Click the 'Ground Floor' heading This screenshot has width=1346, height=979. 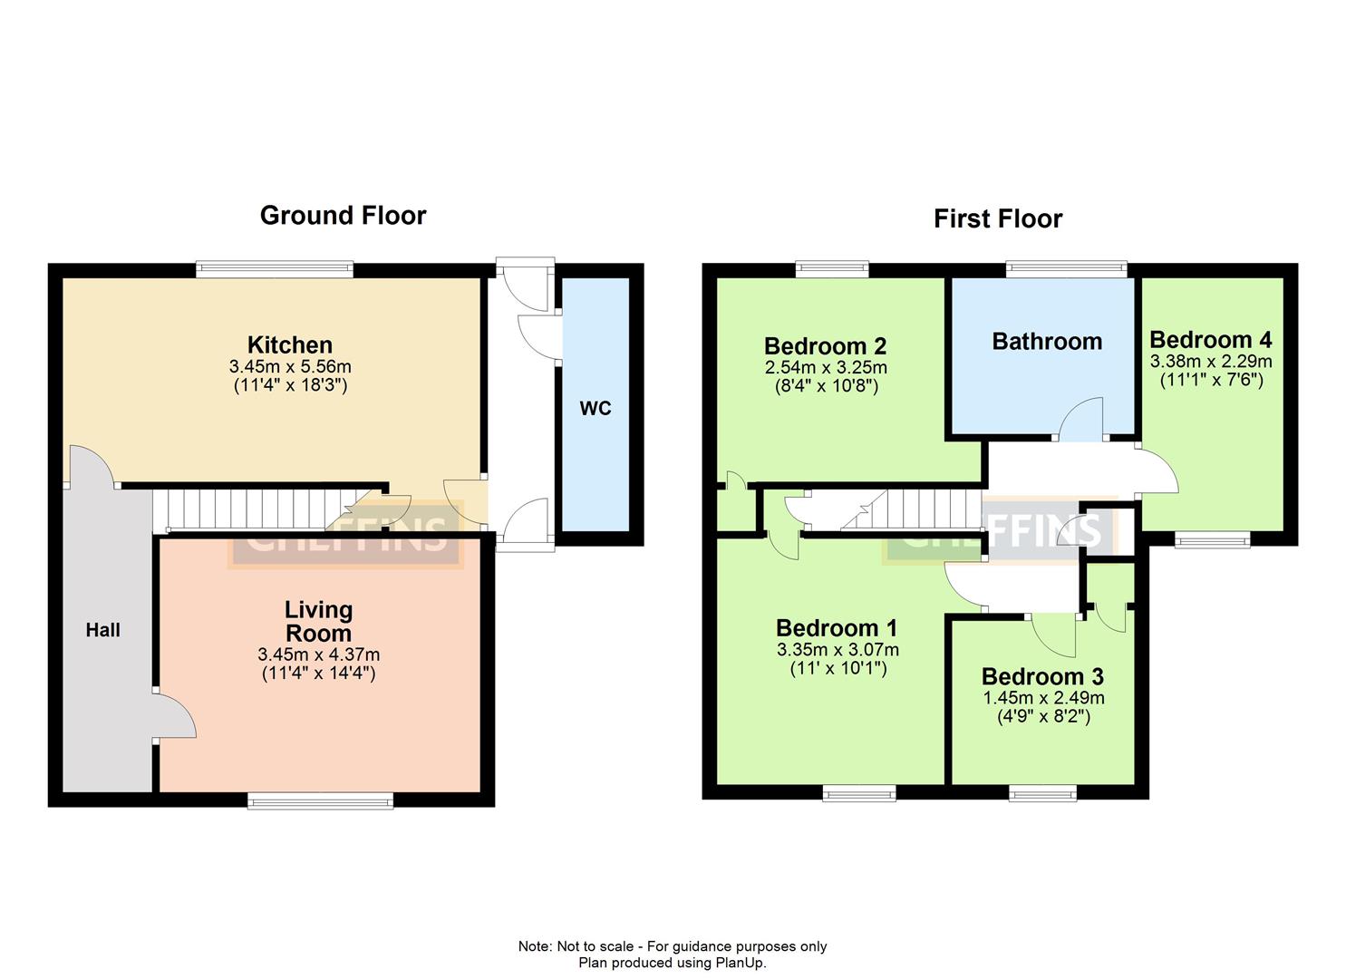(x=343, y=215)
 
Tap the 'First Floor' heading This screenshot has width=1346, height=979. (x=997, y=218)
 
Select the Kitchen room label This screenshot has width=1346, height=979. (x=290, y=344)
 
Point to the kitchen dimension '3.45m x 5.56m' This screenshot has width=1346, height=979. (x=290, y=367)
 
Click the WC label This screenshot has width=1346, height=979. (x=596, y=409)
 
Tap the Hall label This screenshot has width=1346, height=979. (x=102, y=630)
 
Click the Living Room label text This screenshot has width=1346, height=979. (x=318, y=621)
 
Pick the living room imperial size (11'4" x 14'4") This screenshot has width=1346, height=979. (x=318, y=673)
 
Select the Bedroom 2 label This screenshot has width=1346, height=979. (x=825, y=345)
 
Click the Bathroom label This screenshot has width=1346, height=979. (x=1047, y=341)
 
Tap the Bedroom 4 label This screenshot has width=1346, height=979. (x=1210, y=340)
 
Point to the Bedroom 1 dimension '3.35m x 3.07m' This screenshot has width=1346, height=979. (x=838, y=650)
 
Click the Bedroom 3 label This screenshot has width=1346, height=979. (x=1042, y=676)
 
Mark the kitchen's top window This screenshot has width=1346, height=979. (x=275, y=268)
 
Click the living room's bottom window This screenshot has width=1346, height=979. (x=321, y=800)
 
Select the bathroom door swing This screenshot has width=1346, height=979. (x=1083, y=422)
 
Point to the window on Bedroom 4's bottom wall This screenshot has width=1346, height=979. (x=1213, y=540)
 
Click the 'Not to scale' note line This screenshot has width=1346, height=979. (x=672, y=946)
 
